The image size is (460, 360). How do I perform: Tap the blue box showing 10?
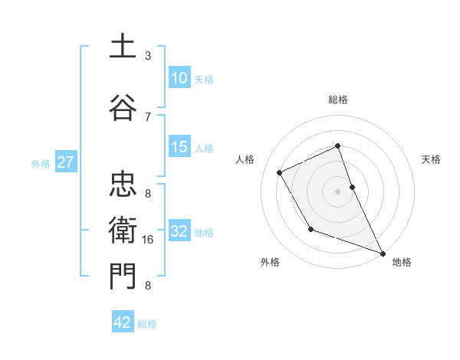pos(179,78)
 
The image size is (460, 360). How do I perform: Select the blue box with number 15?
pos(179,147)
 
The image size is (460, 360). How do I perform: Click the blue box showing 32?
pos(179,231)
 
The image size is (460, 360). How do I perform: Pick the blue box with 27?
pos(65,162)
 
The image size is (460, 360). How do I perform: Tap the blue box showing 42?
pos(123,322)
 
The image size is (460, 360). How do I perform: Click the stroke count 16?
pos(148,240)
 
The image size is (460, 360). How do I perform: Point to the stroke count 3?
pos(148,56)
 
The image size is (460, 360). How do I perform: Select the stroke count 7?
pos(148,117)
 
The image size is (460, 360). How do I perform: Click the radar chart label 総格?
pos(337,100)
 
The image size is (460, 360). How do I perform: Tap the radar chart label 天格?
pos(431,159)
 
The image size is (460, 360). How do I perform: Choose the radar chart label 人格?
pos(245,159)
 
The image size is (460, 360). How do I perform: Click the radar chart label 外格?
pos(269,262)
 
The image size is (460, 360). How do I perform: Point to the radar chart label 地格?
pos(402,262)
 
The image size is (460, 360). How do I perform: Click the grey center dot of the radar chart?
pos(337,191)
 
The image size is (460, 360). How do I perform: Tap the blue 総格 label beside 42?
pos(147,324)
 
